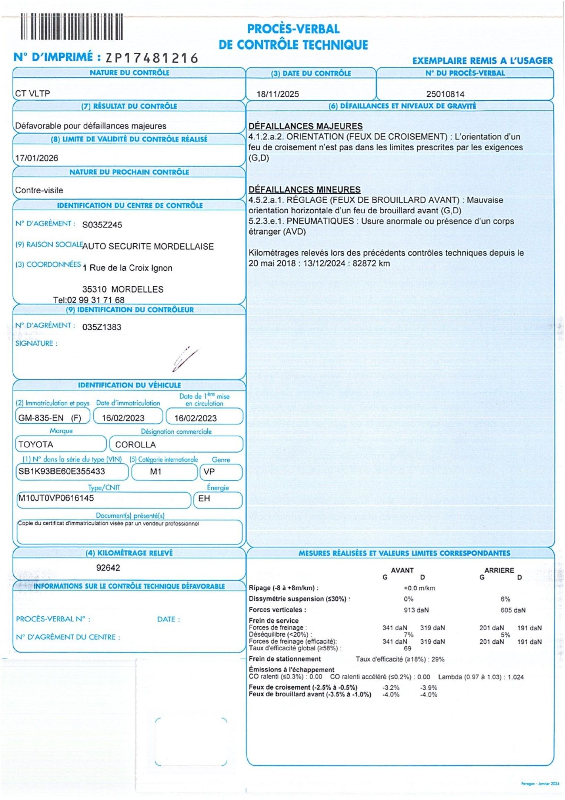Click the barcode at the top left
click(x=71, y=26)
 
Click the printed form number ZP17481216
click(x=152, y=58)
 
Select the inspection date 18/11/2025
click(x=278, y=94)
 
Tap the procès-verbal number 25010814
click(x=445, y=94)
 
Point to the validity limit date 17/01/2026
click(x=37, y=158)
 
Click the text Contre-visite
click(x=39, y=190)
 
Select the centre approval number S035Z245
click(x=102, y=225)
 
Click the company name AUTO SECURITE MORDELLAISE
click(x=148, y=247)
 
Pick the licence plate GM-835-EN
click(x=41, y=418)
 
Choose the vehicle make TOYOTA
click(x=36, y=444)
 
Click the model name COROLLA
click(x=135, y=444)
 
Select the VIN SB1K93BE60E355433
click(x=61, y=471)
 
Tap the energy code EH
click(x=204, y=499)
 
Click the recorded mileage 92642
click(x=108, y=568)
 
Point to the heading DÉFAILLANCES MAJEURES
click(x=305, y=126)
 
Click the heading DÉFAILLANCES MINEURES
click(x=304, y=190)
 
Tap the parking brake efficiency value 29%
click(x=438, y=659)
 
